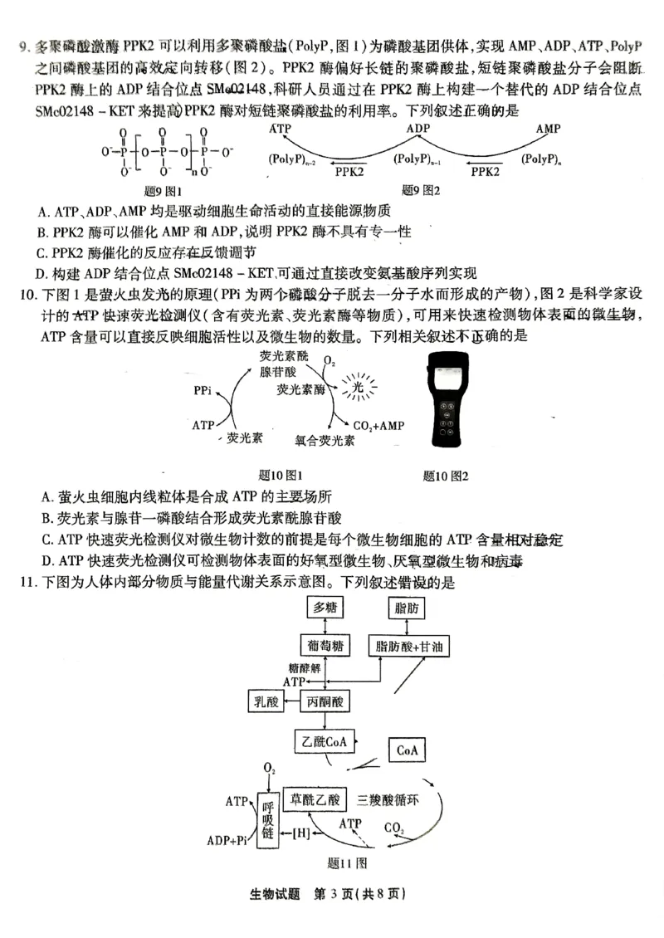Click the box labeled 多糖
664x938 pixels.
click(325, 608)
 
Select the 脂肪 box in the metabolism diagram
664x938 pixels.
click(413, 608)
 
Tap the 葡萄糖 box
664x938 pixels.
click(324, 646)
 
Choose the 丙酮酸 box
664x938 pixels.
click(325, 702)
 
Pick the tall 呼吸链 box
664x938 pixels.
click(267, 820)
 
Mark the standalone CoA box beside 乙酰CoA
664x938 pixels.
click(406, 750)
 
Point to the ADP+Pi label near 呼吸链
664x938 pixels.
click(227, 839)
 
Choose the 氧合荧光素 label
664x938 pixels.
click(325, 441)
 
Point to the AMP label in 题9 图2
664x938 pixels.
click(548, 129)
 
